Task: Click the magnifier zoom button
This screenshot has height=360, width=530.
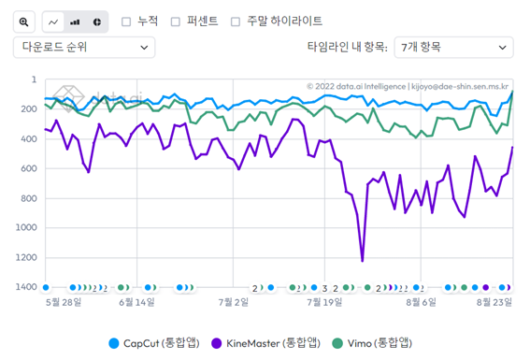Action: click(24, 21)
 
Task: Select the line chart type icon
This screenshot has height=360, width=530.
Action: click(54, 21)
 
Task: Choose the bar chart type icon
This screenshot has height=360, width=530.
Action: click(76, 21)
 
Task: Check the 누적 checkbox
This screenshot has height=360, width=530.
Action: click(127, 21)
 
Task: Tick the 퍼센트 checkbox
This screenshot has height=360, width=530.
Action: click(176, 21)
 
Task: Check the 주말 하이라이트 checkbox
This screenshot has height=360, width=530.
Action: click(236, 21)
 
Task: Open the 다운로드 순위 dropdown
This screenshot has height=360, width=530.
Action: click(84, 46)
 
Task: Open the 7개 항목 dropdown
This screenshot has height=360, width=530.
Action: click(452, 46)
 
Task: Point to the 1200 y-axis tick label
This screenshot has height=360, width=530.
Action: click(25, 257)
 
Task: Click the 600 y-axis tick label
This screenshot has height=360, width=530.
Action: click(27, 168)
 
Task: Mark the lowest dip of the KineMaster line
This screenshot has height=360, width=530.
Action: click(362, 261)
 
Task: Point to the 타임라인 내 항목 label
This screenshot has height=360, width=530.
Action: click(346, 46)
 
